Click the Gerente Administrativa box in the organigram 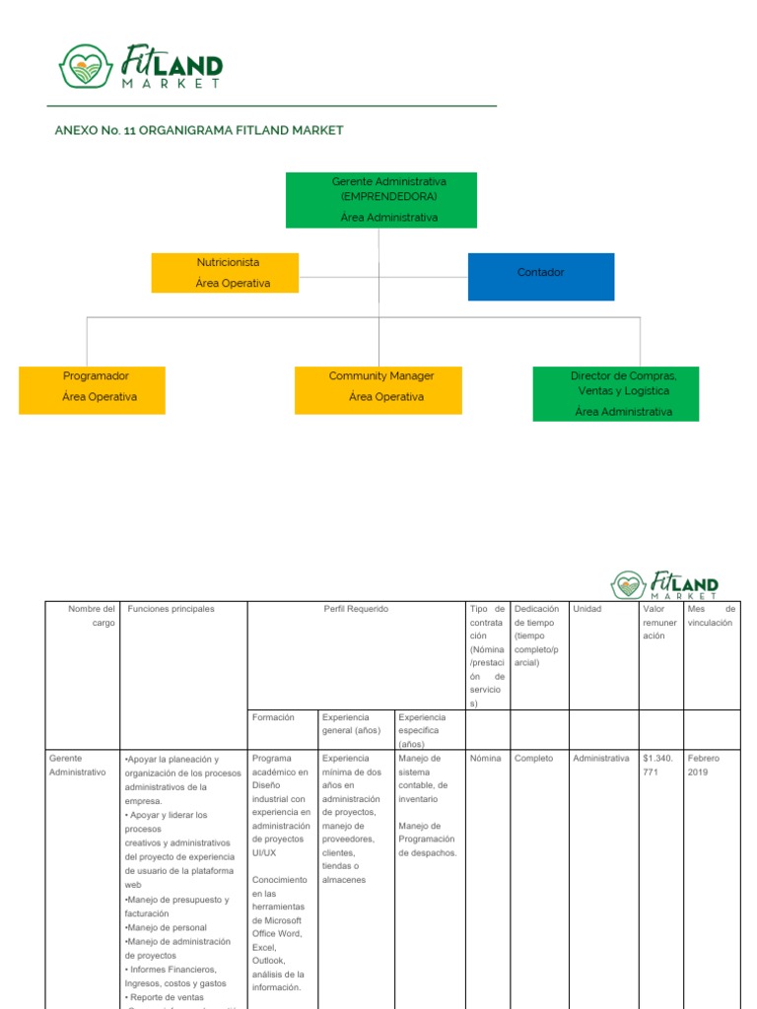click(380, 200)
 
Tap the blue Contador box click(540, 276)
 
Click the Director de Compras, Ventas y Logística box click(615, 394)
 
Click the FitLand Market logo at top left click(140, 67)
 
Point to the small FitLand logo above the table click(665, 585)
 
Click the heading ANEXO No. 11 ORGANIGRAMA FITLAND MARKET click(199, 131)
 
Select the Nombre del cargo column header click(91, 616)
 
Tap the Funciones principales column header click(172, 609)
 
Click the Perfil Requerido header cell click(356, 609)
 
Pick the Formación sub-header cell click(273, 718)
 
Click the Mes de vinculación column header click(712, 616)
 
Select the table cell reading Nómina click(486, 759)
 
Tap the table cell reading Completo click(534, 759)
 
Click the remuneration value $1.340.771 click(658, 766)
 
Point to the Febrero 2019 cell click(705, 766)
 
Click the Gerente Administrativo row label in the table click(78, 766)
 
